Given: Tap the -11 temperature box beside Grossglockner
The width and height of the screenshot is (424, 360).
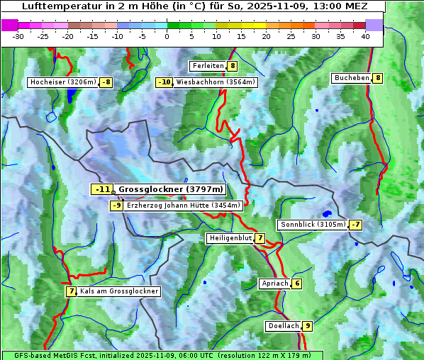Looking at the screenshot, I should click(x=102, y=189).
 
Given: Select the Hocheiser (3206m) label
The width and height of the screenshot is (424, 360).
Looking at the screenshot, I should click(x=63, y=82).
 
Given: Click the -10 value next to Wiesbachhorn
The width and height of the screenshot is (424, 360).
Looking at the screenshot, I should click(x=164, y=82).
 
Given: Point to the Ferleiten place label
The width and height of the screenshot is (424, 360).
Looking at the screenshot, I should click(x=208, y=66).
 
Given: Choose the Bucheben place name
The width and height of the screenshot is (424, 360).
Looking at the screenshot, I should click(x=352, y=78).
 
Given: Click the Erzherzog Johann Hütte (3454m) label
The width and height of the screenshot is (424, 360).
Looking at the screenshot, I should click(x=184, y=206).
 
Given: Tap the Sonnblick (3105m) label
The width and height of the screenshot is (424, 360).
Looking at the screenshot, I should click(x=313, y=225).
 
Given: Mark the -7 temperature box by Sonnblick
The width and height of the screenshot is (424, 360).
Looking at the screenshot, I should click(x=356, y=225).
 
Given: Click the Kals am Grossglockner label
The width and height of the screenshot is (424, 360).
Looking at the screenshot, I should click(x=118, y=291).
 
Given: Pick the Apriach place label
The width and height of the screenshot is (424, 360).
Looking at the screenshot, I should click(x=274, y=283).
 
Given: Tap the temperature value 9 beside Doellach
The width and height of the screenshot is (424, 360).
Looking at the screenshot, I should click(x=307, y=326).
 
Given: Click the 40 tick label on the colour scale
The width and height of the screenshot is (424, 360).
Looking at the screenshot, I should click(x=365, y=36).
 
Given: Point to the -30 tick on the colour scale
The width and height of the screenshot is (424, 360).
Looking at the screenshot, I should click(x=18, y=36).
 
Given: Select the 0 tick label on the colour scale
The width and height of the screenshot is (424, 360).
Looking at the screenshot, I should click(x=167, y=36).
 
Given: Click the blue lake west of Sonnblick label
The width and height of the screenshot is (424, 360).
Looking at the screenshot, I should click(x=326, y=213).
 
